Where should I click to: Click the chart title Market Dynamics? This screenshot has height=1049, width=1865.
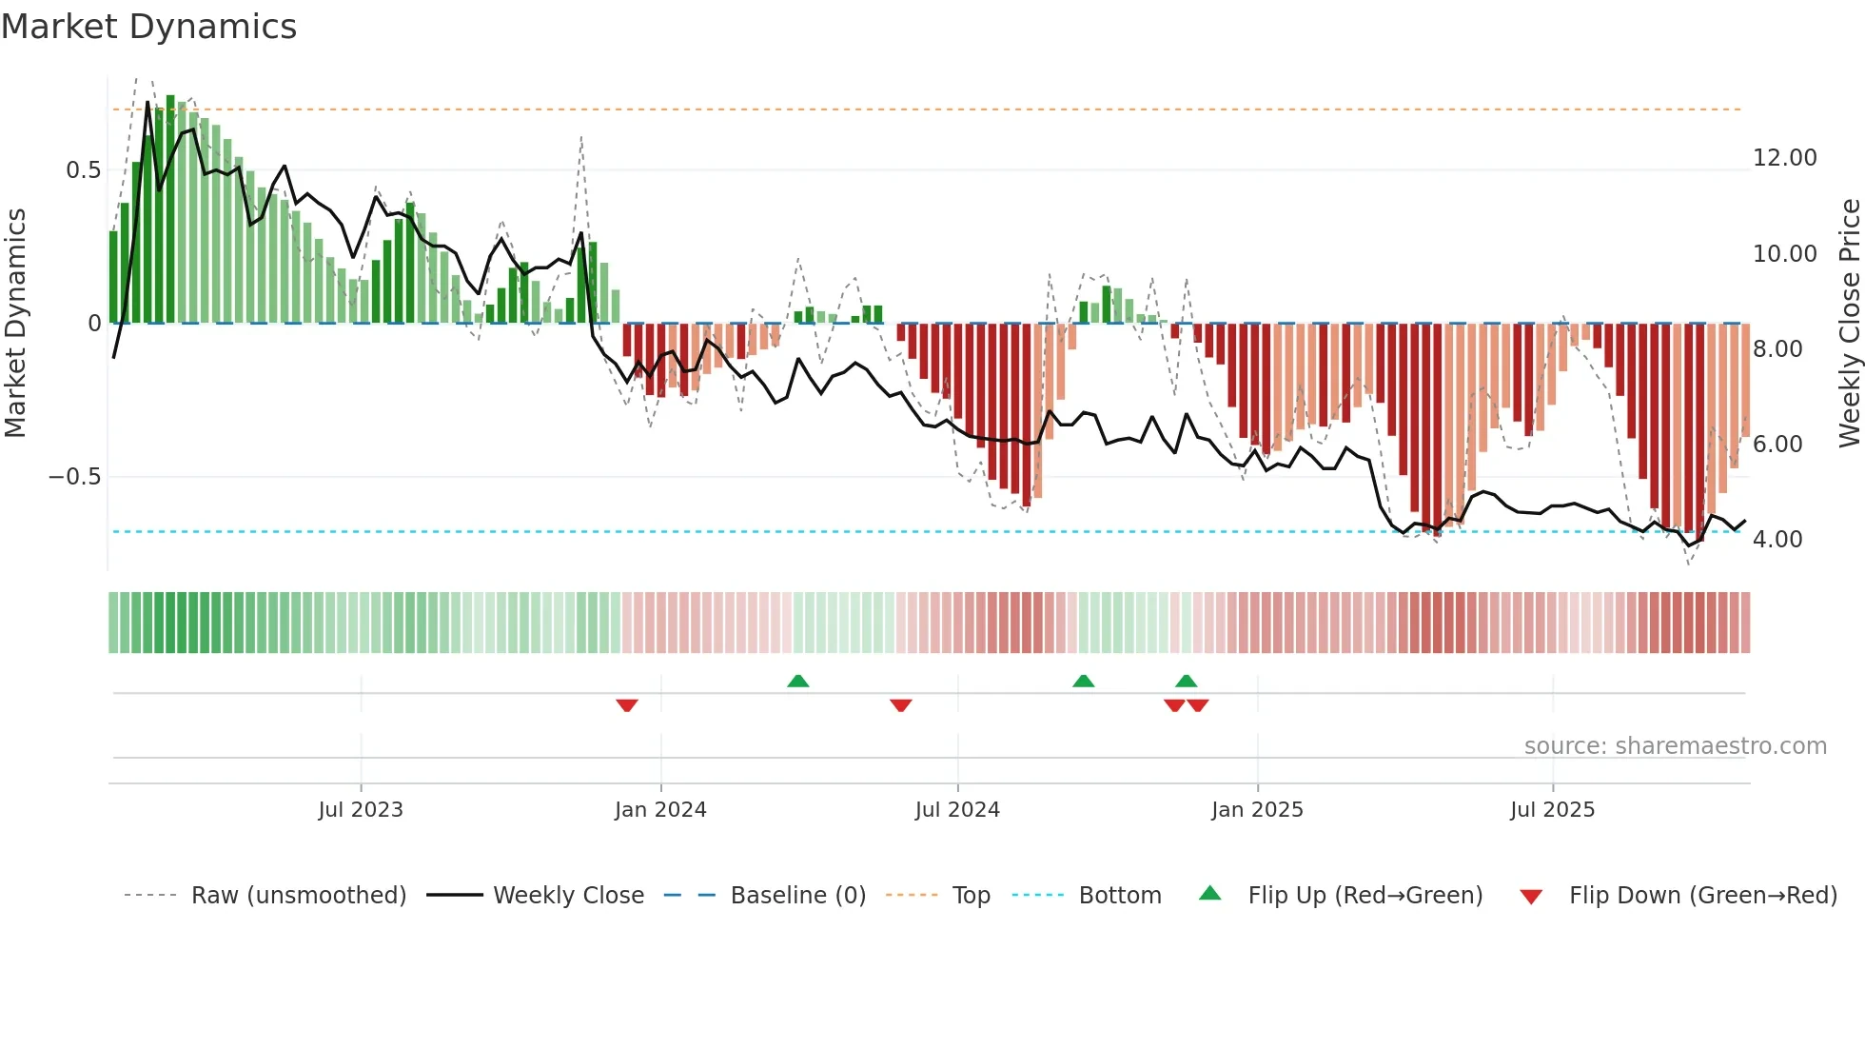tap(148, 27)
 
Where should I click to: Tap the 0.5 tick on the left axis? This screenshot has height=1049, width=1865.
tap(83, 170)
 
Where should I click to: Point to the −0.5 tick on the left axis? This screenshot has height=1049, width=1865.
tap(74, 477)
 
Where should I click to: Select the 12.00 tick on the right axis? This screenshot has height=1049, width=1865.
tap(1784, 158)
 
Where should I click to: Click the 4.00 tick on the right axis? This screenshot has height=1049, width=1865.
tap(1777, 540)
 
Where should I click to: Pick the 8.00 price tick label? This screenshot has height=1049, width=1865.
tap(1777, 349)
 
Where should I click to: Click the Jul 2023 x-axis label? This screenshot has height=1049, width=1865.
tap(361, 810)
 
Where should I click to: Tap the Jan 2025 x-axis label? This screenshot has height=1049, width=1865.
tap(1257, 810)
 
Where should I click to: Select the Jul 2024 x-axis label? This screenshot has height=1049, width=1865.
tap(957, 810)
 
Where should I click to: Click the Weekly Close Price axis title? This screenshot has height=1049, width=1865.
tap(1849, 323)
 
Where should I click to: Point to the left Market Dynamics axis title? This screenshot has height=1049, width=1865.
tap(15, 323)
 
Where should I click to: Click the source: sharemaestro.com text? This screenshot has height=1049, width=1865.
tap(1675, 746)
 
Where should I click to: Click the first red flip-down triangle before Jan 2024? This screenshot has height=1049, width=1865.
tap(626, 705)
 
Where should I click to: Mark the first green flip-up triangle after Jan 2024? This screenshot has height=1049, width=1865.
tap(798, 681)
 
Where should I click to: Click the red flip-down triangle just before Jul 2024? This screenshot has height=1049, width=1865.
tap(901, 705)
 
